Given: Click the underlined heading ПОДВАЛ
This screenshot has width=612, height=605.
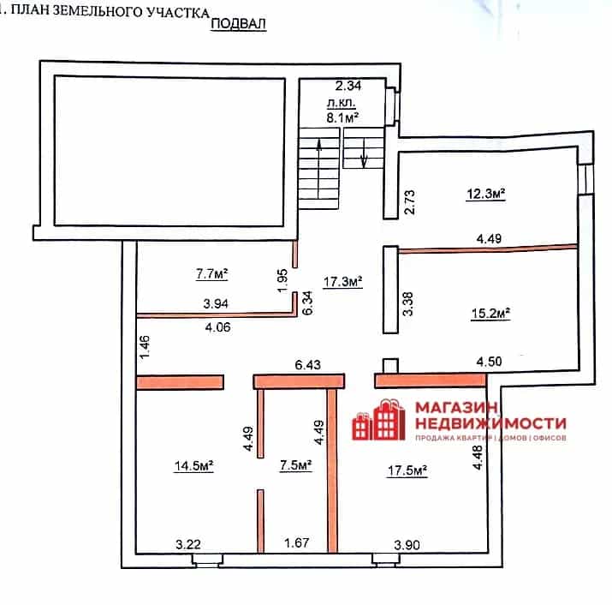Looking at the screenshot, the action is (x=239, y=24).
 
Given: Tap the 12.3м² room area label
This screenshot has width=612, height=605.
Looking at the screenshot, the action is (x=486, y=194).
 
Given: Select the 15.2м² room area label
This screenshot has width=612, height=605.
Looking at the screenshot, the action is (x=490, y=314).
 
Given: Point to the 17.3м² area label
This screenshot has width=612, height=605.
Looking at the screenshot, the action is (x=342, y=281).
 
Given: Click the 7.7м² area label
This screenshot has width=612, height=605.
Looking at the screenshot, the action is (x=212, y=274).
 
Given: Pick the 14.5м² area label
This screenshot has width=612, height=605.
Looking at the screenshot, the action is (x=193, y=465).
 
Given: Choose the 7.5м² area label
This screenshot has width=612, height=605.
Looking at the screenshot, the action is (x=296, y=465).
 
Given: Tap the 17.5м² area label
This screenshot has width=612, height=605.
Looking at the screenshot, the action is (x=407, y=470).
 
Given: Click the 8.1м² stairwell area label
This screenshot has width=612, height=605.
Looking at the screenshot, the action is (x=342, y=117).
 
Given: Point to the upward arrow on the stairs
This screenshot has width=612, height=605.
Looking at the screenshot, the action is (x=319, y=169).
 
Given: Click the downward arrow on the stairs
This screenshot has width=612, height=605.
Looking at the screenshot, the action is (x=364, y=153).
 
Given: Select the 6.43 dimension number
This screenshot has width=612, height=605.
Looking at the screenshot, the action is (x=308, y=365).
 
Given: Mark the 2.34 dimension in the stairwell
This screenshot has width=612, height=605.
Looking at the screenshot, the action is (x=348, y=86).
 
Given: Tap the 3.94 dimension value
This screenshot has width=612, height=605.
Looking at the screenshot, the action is (x=216, y=303).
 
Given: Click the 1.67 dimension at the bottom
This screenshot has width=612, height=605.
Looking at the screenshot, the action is (x=297, y=542).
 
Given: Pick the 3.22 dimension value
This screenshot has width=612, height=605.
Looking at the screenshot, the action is (x=188, y=544).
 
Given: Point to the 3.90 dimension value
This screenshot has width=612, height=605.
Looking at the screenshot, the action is (x=407, y=544).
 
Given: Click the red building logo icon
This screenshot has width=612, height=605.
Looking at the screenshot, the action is (x=378, y=420).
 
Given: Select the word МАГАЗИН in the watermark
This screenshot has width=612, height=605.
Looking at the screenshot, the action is (x=457, y=408).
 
